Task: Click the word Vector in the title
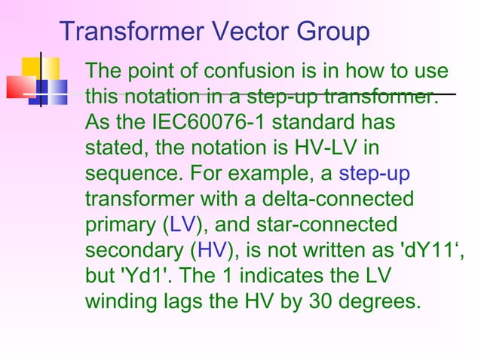click(241, 32)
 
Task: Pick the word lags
click(185, 302)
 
